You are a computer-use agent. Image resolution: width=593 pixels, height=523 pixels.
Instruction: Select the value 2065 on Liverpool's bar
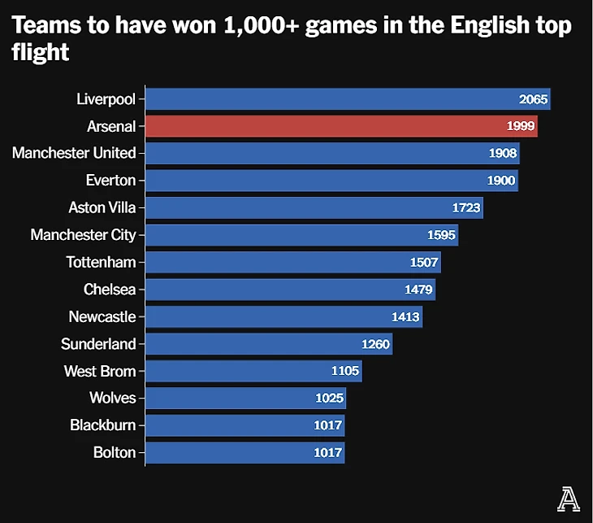click(534, 99)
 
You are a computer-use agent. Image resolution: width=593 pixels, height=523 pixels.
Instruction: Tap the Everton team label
click(110, 181)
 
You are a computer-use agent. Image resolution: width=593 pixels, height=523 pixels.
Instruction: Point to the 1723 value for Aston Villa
click(466, 208)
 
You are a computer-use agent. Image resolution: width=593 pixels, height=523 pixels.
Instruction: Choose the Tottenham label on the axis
click(102, 263)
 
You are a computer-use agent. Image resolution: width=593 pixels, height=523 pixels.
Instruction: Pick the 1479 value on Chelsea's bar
click(418, 290)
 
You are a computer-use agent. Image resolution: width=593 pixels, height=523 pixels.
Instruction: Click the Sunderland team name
click(98, 344)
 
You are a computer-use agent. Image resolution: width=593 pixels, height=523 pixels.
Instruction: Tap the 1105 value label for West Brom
click(345, 371)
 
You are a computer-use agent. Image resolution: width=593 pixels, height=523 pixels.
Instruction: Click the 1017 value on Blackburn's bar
click(328, 425)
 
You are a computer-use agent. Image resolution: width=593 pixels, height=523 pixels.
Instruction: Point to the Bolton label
click(115, 453)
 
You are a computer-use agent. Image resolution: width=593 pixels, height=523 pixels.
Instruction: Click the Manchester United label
click(74, 153)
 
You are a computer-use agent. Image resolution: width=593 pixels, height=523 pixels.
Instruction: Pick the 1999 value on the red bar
click(521, 126)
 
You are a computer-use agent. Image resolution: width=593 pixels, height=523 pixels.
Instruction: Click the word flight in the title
click(41, 54)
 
